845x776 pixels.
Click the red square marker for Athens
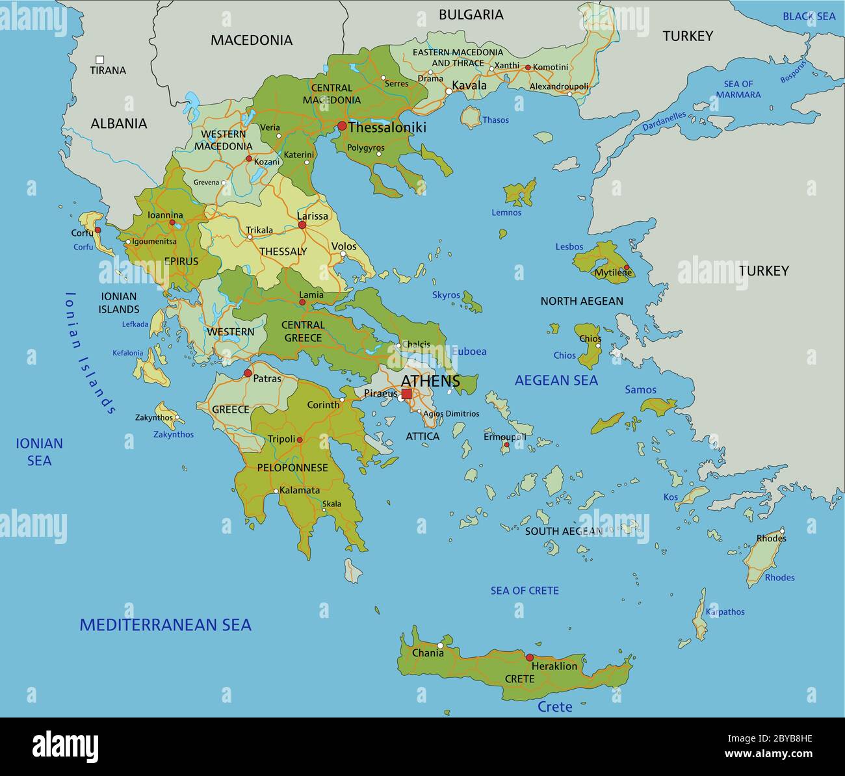[406, 394]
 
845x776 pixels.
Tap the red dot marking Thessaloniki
[342, 126]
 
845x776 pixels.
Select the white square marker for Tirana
[100, 59]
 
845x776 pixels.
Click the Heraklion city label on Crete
[554, 666]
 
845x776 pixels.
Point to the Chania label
[428, 653]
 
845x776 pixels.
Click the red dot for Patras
[248, 373]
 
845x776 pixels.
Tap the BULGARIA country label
[471, 14]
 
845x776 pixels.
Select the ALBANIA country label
[119, 123]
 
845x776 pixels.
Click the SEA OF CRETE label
[525, 591]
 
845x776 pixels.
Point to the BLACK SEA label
[809, 16]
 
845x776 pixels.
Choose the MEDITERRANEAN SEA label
[165, 625]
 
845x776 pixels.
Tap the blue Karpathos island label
[725, 612]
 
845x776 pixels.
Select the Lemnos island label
[506, 213]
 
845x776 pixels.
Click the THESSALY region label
[283, 252]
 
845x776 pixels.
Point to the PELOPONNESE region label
[292, 468]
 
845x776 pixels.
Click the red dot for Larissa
[302, 225]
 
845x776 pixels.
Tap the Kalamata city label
[300, 490]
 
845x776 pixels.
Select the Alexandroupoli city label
[559, 86]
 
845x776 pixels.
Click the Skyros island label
[446, 295]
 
